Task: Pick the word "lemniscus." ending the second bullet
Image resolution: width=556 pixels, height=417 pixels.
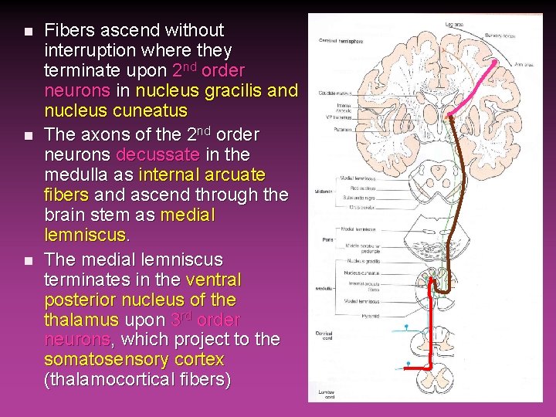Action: pyautogui.click(x=85, y=235)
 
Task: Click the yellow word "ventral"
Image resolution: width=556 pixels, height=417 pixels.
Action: pyautogui.click(x=214, y=280)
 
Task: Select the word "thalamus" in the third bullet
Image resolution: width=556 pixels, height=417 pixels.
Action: pyautogui.click(x=81, y=320)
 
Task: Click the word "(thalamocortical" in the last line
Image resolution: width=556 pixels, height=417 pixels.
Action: pyautogui.click(x=105, y=380)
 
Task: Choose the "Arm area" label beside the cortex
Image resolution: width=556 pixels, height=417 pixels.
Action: pyautogui.click(x=525, y=65)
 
